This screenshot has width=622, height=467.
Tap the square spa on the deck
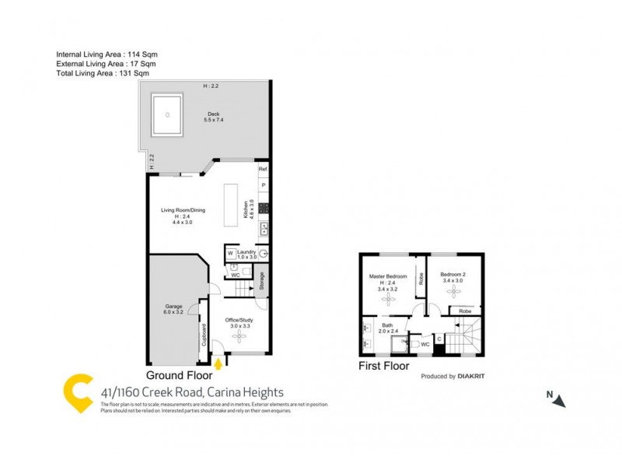point(168,115)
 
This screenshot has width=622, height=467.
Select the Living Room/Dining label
point(183,210)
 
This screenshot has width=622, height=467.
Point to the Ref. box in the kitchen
point(263,169)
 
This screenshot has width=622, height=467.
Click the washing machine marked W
point(231,253)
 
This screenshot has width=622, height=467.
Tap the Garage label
point(173,309)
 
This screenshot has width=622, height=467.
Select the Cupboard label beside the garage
point(204,332)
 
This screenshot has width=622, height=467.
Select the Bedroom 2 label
point(453,275)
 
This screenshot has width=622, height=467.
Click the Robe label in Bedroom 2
point(464,311)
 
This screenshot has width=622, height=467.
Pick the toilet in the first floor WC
point(417,343)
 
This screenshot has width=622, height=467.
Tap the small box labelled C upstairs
point(439,338)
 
